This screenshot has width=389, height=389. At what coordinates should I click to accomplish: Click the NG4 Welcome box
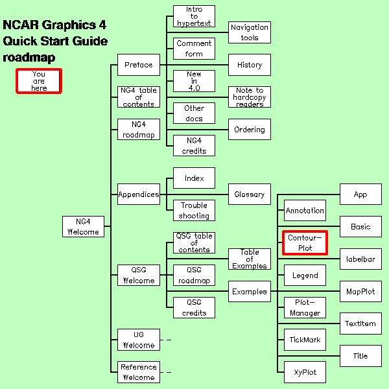point(83,226)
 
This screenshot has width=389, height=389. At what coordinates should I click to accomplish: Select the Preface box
point(138,65)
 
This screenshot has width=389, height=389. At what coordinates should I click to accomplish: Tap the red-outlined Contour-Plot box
point(305,242)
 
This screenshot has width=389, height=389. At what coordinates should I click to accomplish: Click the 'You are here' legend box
point(39,81)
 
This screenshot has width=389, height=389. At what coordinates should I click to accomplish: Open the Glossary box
point(250,194)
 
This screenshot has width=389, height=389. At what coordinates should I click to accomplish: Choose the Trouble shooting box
point(194,211)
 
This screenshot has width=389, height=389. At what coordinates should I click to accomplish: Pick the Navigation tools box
point(250,32)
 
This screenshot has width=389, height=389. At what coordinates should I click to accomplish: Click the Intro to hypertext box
point(194,16)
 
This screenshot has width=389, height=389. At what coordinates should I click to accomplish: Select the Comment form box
point(194,49)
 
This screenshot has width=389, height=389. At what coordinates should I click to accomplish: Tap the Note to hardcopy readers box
point(250,97)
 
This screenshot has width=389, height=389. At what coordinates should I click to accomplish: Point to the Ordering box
point(250,129)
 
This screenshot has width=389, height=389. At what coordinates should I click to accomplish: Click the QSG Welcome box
point(138,276)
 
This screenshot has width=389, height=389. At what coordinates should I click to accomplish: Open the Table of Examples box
point(250,259)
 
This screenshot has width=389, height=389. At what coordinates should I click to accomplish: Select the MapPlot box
point(360,291)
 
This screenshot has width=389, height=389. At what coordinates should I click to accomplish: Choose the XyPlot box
point(305,372)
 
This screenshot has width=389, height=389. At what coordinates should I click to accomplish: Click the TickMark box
point(305,340)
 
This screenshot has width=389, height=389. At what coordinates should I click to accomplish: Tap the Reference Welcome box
point(138,372)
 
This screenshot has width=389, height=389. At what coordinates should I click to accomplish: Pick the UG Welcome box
point(138,340)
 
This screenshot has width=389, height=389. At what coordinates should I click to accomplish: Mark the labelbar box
point(360,259)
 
